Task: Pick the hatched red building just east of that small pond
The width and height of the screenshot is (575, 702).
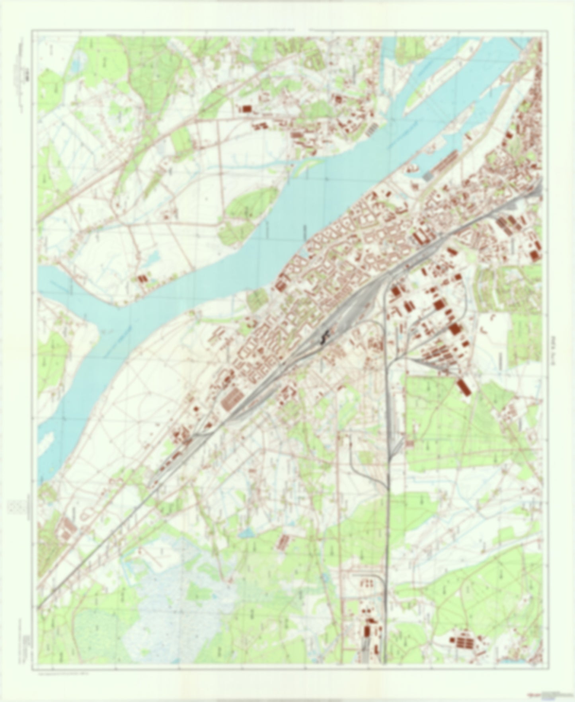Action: pyautogui.click(x=285, y=540)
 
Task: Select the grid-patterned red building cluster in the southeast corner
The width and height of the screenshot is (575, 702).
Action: pyautogui.click(x=464, y=642)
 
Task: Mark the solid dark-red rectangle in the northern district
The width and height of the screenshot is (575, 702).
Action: pyautogui.click(x=247, y=108)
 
